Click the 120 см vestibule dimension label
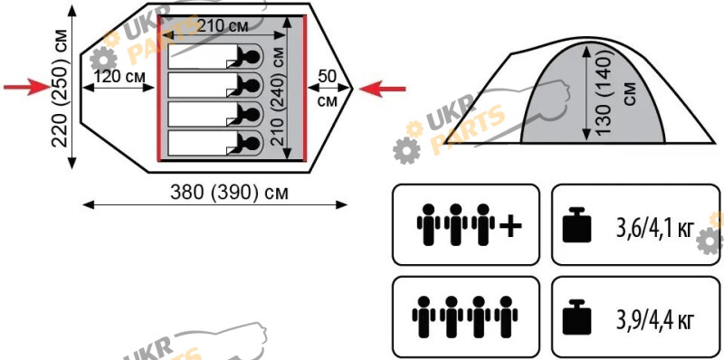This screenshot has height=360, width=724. pos(119,76)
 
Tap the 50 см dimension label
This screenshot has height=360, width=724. pos(328,88)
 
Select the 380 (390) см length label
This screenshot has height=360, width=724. pos(229,192)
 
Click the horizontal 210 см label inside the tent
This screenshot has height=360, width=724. pos(223,26)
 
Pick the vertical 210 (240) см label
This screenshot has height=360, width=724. pos(277,96)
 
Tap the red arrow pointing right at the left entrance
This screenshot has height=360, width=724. pos(26,86)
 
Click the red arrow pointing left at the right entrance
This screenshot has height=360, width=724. pos(382,89)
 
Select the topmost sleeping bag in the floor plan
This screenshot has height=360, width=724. pos(215,56)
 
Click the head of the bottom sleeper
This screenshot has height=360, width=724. pos(252,144)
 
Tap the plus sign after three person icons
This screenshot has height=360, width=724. pos(510,226)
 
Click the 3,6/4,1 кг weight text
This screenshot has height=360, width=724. pos(655,227)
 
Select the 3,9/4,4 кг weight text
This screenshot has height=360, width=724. pos(655,319)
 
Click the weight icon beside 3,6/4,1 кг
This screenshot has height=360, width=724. pos(576,224)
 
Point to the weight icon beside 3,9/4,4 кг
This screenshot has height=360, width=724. pos(576,317)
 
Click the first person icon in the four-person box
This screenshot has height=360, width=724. pos(424,316)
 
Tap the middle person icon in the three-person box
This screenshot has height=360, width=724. pos(456,224)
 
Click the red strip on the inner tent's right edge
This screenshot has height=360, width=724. pos(305,88)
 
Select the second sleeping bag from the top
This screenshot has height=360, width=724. pos(215,85)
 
